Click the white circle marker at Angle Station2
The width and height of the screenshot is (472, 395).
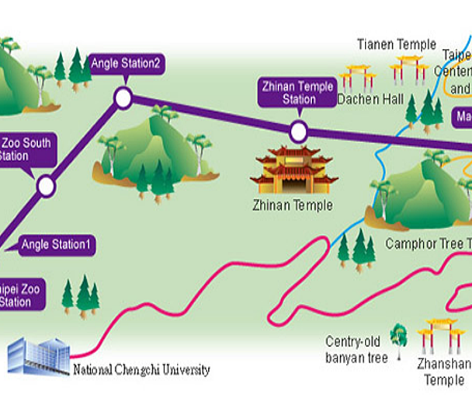(x=123, y=97)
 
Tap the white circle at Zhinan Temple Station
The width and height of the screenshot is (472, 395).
(x=299, y=131)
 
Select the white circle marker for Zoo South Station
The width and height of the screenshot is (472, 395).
(x=46, y=186)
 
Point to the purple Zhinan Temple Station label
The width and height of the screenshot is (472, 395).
(x=299, y=93)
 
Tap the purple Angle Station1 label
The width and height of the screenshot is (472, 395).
(x=57, y=246)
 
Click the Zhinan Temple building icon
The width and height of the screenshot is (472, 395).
(x=293, y=170)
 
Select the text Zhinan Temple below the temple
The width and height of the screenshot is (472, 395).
(x=293, y=206)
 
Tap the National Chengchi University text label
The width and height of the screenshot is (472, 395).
(x=141, y=370)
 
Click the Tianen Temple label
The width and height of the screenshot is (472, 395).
(x=397, y=44)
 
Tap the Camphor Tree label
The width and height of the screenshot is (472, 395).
(x=428, y=244)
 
